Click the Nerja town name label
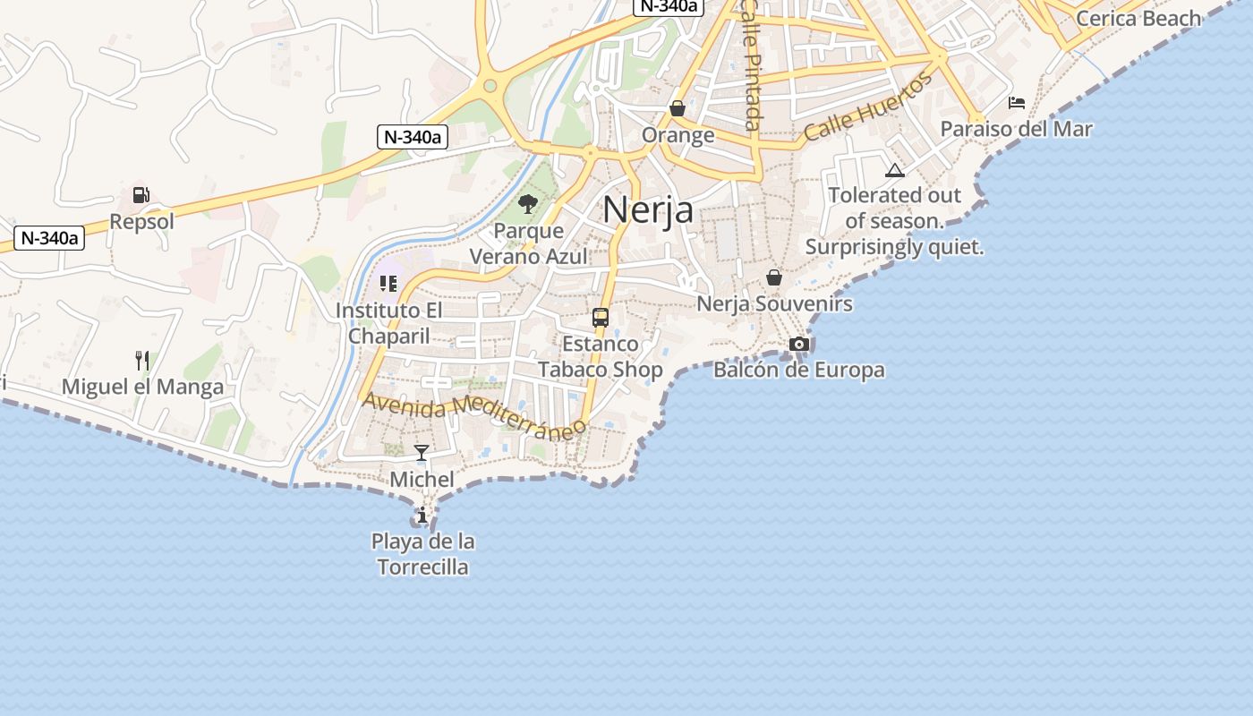[x=648, y=209]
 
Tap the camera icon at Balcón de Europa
[x=799, y=344]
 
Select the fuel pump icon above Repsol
[x=141, y=195]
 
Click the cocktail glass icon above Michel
[x=422, y=453]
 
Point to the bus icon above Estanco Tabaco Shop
[x=601, y=318]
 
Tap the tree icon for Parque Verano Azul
[x=528, y=204]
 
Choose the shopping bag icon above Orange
[x=678, y=108]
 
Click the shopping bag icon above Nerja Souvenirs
[x=774, y=277]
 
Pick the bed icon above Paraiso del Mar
[x=1017, y=103]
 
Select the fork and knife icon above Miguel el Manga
[x=142, y=361]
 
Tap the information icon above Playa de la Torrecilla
[x=422, y=515]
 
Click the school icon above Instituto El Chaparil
[x=388, y=284]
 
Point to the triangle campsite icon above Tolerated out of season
[x=894, y=170]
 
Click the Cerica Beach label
[x=1138, y=18]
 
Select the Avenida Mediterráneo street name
[x=473, y=414]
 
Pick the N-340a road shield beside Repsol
[x=51, y=238]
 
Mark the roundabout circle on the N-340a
[x=490, y=87]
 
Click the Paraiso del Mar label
[x=1016, y=129]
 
